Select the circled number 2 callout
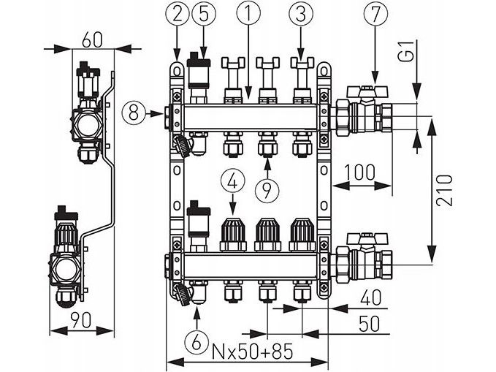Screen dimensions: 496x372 pos(177,13)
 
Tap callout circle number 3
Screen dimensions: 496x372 pos(300,13)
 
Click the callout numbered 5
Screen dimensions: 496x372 pos(203,13)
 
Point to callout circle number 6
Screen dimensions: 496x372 pos(197,341)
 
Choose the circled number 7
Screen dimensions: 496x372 pos(375,13)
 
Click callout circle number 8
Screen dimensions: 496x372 pos(134,113)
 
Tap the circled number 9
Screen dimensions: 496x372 pos(267,189)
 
